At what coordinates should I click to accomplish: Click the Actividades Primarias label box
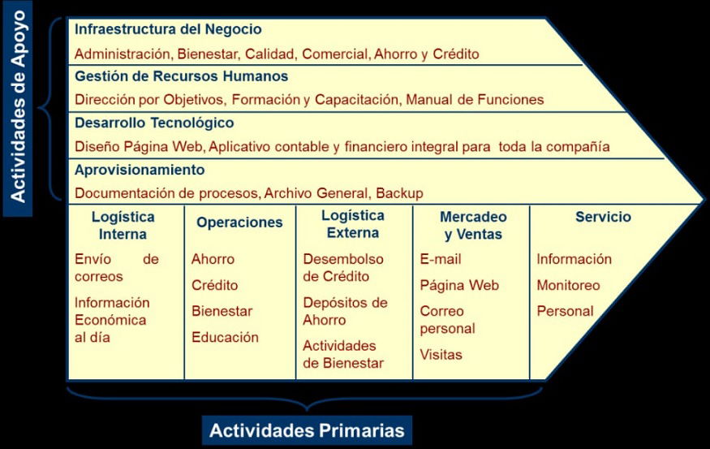(307, 430)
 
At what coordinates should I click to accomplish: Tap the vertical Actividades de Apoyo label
(18, 108)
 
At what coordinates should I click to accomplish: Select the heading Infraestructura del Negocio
(168, 29)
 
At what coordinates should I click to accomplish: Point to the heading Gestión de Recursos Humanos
(181, 76)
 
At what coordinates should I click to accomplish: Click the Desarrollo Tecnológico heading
(154, 123)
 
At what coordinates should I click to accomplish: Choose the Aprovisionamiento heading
(140, 170)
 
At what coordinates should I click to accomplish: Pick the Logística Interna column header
(123, 226)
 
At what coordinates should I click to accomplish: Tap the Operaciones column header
(239, 222)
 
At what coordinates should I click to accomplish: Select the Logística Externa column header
(353, 224)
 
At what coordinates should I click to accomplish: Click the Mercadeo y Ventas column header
(473, 226)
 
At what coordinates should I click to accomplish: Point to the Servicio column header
(603, 217)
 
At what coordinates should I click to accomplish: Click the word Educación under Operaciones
(225, 337)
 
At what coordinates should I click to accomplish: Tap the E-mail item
(441, 259)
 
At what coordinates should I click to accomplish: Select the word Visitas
(441, 354)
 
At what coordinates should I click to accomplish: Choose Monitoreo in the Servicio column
(568, 285)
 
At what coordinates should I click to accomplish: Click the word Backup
(399, 193)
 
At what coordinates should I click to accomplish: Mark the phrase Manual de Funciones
(475, 100)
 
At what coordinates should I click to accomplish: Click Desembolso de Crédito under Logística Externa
(343, 268)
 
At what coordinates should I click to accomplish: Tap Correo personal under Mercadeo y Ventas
(447, 320)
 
